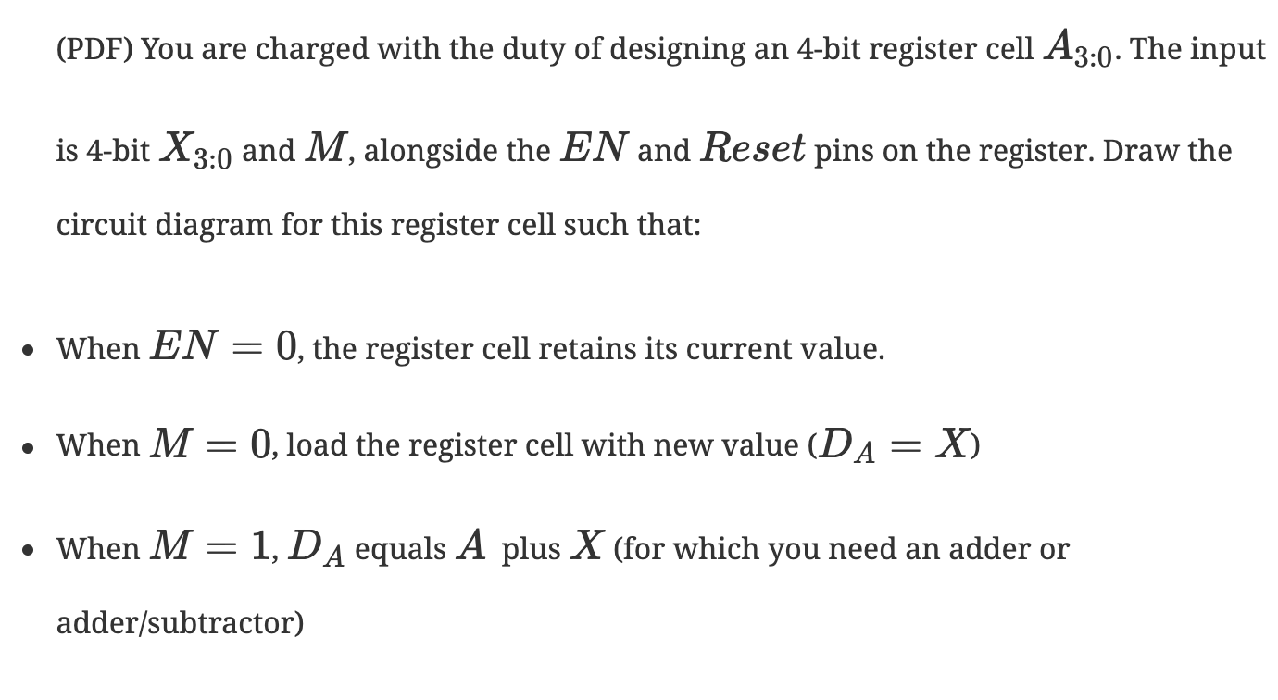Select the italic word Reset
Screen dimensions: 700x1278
[752, 148]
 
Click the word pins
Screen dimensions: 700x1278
[849, 150]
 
